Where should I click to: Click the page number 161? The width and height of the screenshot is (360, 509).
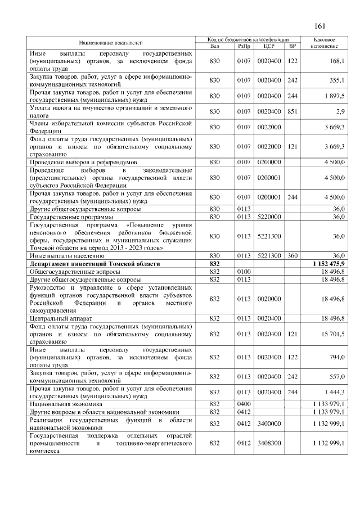[x=321, y=26]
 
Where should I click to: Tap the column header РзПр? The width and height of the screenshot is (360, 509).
[x=243, y=46]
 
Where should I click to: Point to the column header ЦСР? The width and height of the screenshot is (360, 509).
[x=268, y=46]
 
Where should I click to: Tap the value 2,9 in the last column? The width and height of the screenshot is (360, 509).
[x=340, y=111]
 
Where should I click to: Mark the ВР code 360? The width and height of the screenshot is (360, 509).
[x=292, y=256]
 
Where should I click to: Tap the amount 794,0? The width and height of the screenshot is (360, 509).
[x=337, y=357]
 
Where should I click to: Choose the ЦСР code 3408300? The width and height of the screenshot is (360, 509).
[x=268, y=443]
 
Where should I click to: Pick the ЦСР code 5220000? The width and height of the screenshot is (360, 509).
[x=268, y=217]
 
